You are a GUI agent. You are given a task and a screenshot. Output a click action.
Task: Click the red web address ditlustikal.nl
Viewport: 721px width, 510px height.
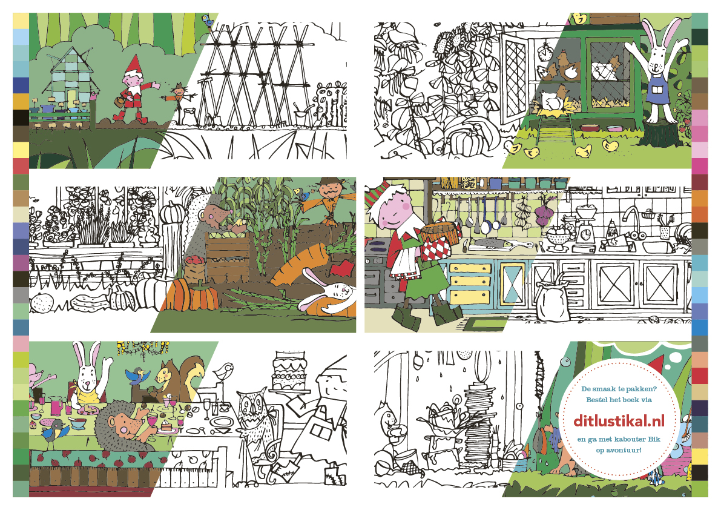tap(619, 420)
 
